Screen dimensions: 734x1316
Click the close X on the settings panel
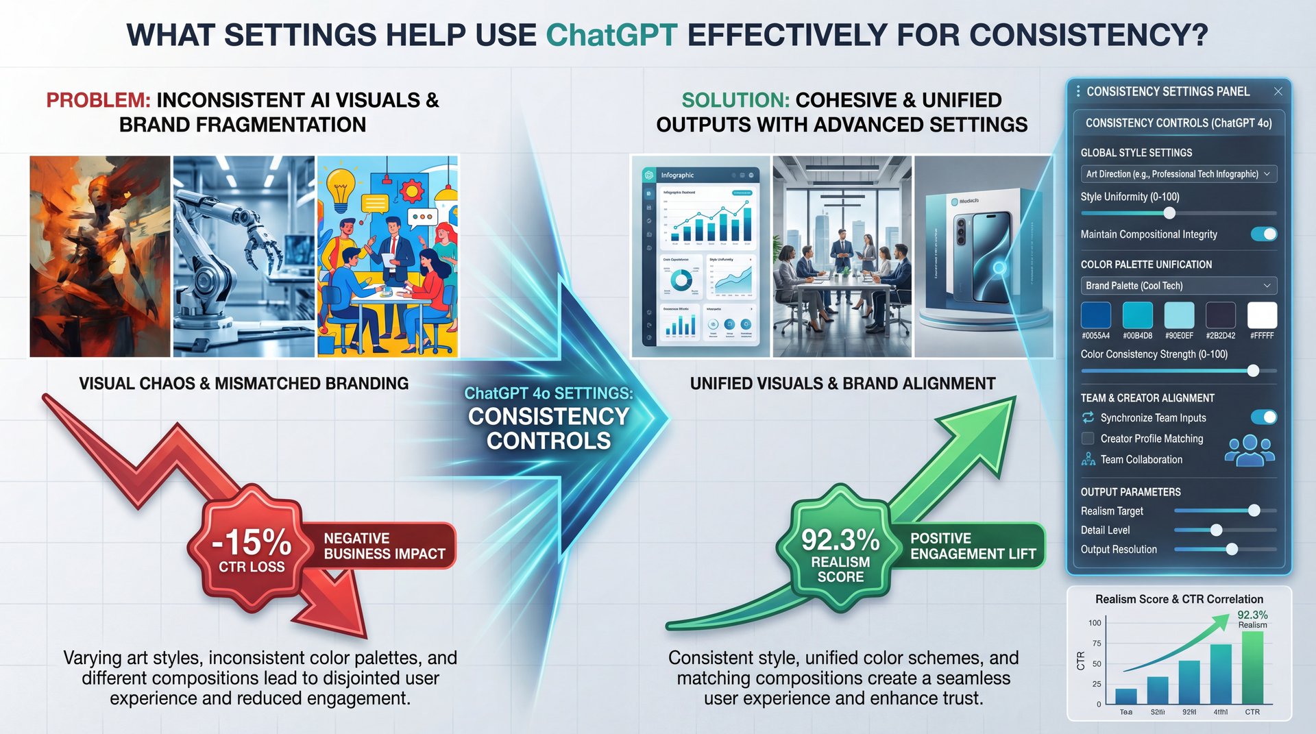(x=1278, y=91)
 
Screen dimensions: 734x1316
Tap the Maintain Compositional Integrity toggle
(x=1263, y=234)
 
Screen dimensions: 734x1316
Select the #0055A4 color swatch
(x=1095, y=315)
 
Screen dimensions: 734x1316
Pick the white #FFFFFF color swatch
(x=1262, y=315)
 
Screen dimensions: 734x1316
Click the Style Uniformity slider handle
(x=1169, y=213)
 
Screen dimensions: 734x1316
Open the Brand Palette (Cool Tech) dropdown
(x=1178, y=286)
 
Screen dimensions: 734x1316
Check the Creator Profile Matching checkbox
(x=1088, y=439)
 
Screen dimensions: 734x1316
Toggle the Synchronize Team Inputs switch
(x=1263, y=417)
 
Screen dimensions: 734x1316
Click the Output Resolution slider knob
(x=1232, y=549)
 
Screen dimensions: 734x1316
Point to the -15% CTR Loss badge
(x=252, y=548)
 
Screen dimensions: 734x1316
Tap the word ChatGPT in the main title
(x=611, y=35)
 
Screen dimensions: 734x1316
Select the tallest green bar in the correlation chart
(x=1252, y=668)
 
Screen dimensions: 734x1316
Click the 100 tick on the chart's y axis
(x=1095, y=623)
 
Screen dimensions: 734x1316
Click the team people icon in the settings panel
(x=1250, y=452)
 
